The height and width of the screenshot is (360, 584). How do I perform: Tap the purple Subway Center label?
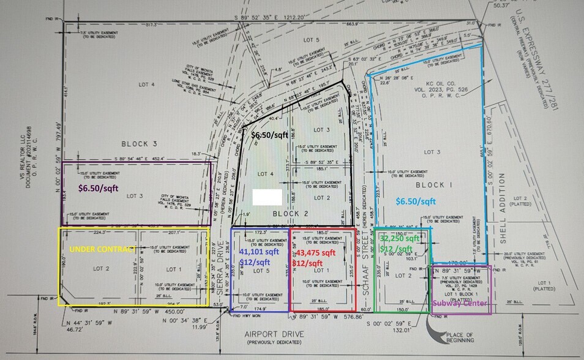point(460,304)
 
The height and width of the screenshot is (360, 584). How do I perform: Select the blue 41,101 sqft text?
point(259,251)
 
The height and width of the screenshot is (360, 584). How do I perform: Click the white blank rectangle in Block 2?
point(267,197)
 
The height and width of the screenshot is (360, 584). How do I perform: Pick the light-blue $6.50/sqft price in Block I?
point(416,201)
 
